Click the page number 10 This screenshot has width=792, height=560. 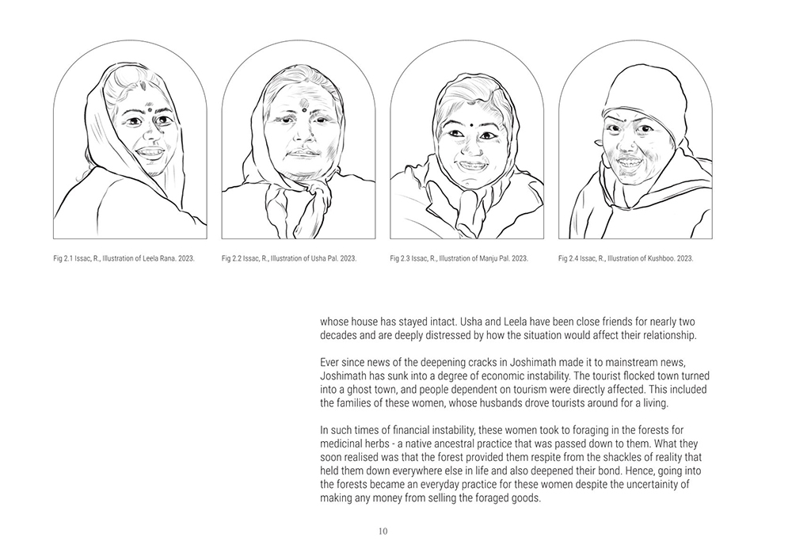pyautogui.click(x=383, y=531)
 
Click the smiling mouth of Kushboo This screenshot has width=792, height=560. pyautogui.click(x=631, y=162)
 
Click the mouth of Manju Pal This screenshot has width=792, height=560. pyautogui.click(x=473, y=166)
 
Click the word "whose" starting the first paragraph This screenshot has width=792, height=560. pyautogui.click(x=337, y=322)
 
